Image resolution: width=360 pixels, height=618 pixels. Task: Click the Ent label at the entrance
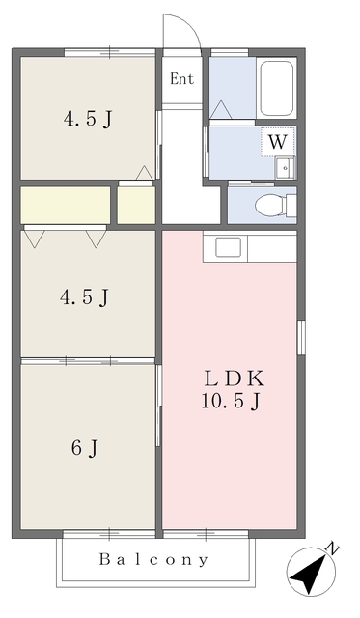182,79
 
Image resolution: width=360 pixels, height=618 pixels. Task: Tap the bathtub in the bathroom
277,88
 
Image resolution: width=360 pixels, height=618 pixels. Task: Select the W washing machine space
278,142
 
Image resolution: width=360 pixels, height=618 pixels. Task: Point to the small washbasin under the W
285,167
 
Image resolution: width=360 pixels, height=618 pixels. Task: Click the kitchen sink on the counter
228,247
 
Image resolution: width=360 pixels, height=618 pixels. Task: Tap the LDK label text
234,379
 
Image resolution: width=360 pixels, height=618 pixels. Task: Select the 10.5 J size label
231,402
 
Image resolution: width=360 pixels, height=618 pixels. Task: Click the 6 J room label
85,448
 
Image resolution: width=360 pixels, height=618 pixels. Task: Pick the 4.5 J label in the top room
88,119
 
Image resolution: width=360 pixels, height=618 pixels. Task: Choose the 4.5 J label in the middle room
84,297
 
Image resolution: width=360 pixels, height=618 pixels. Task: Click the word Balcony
153,560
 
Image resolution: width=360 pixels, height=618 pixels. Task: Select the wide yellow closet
66,205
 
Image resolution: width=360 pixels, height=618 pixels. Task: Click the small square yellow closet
136,205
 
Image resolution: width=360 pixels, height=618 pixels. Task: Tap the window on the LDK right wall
301,337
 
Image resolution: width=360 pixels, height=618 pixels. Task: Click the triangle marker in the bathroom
221,109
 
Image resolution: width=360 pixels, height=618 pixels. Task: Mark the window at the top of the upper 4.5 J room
110,52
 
